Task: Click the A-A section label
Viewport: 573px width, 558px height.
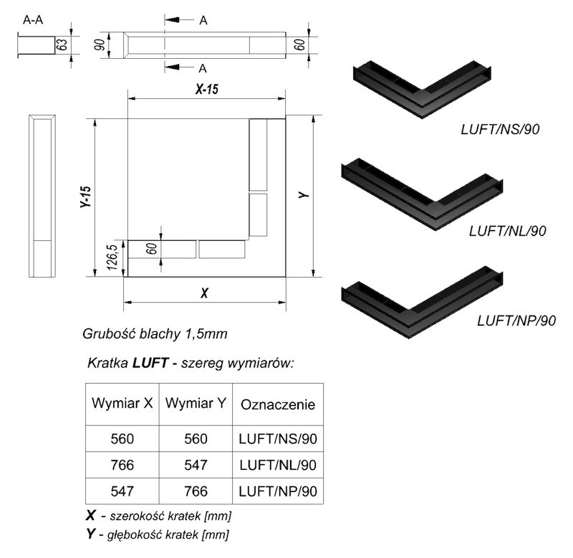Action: pyautogui.click(x=33, y=19)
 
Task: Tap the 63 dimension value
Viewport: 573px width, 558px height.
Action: pyautogui.click(x=62, y=45)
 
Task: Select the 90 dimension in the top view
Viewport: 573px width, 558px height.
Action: pyautogui.click(x=100, y=45)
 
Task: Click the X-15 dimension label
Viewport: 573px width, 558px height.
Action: pyautogui.click(x=207, y=89)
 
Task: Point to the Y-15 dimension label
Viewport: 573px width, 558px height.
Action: pyautogui.click(x=85, y=197)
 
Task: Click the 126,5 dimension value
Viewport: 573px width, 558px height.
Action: pyautogui.click(x=113, y=257)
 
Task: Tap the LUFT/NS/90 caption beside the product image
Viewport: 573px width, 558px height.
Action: pyautogui.click(x=500, y=130)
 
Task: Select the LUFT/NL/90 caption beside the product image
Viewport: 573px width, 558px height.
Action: pyautogui.click(x=508, y=231)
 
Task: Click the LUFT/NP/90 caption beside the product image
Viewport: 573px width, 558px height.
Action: pyautogui.click(x=516, y=321)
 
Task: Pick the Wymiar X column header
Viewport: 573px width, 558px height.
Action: pyautogui.click(x=122, y=403)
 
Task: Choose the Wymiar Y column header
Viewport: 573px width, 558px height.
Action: pyautogui.click(x=196, y=403)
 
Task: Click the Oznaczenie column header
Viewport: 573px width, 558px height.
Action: pyautogui.click(x=278, y=405)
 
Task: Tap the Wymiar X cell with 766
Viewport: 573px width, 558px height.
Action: pyautogui.click(x=122, y=465)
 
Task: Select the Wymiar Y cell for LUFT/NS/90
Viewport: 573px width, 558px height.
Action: pyautogui.click(x=196, y=439)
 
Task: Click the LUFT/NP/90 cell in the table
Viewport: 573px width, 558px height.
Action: pyautogui.click(x=278, y=491)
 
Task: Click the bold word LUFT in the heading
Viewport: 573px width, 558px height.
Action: pyautogui.click(x=150, y=363)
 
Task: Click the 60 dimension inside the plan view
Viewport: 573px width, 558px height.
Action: pyautogui.click(x=153, y=249)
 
